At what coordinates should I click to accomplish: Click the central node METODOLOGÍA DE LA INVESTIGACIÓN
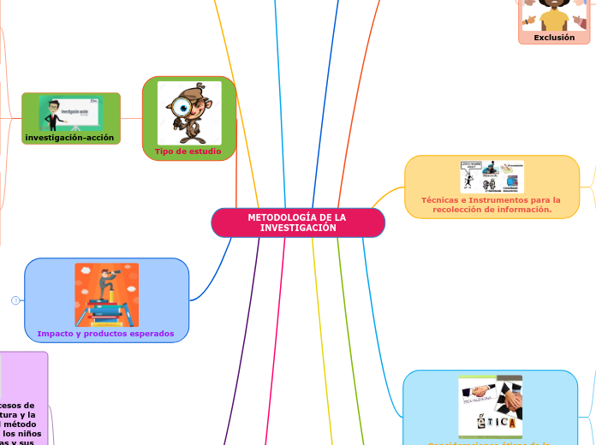pos(297,222)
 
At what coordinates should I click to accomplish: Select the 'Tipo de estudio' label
pos(188,151)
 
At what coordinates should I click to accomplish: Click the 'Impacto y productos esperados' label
pos(105,333)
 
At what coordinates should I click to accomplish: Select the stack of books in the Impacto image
pos(105,312)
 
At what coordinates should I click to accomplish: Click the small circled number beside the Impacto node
pos(15,300)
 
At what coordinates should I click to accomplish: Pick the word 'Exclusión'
pos(554,37)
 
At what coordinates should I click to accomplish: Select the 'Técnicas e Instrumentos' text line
pos(491,199)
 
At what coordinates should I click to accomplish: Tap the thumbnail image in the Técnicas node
pos(491,176)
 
